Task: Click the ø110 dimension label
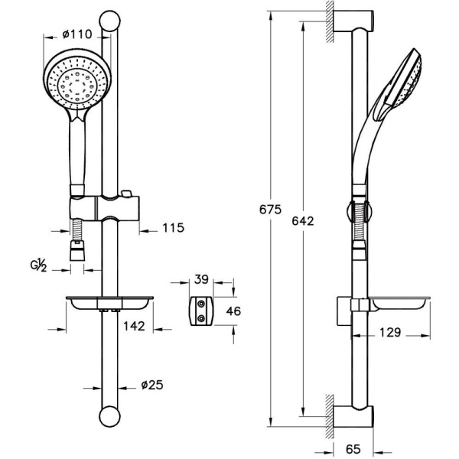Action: [77, 34]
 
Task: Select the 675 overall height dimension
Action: [270, 210]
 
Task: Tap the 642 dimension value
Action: [303, 221]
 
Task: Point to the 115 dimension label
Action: [174, 227]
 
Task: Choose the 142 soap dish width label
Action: [134, 326]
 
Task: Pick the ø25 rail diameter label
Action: [152, 385]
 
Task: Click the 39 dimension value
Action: [201, 279]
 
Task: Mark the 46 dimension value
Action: [233, 311]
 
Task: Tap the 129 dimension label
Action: [390, 332]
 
